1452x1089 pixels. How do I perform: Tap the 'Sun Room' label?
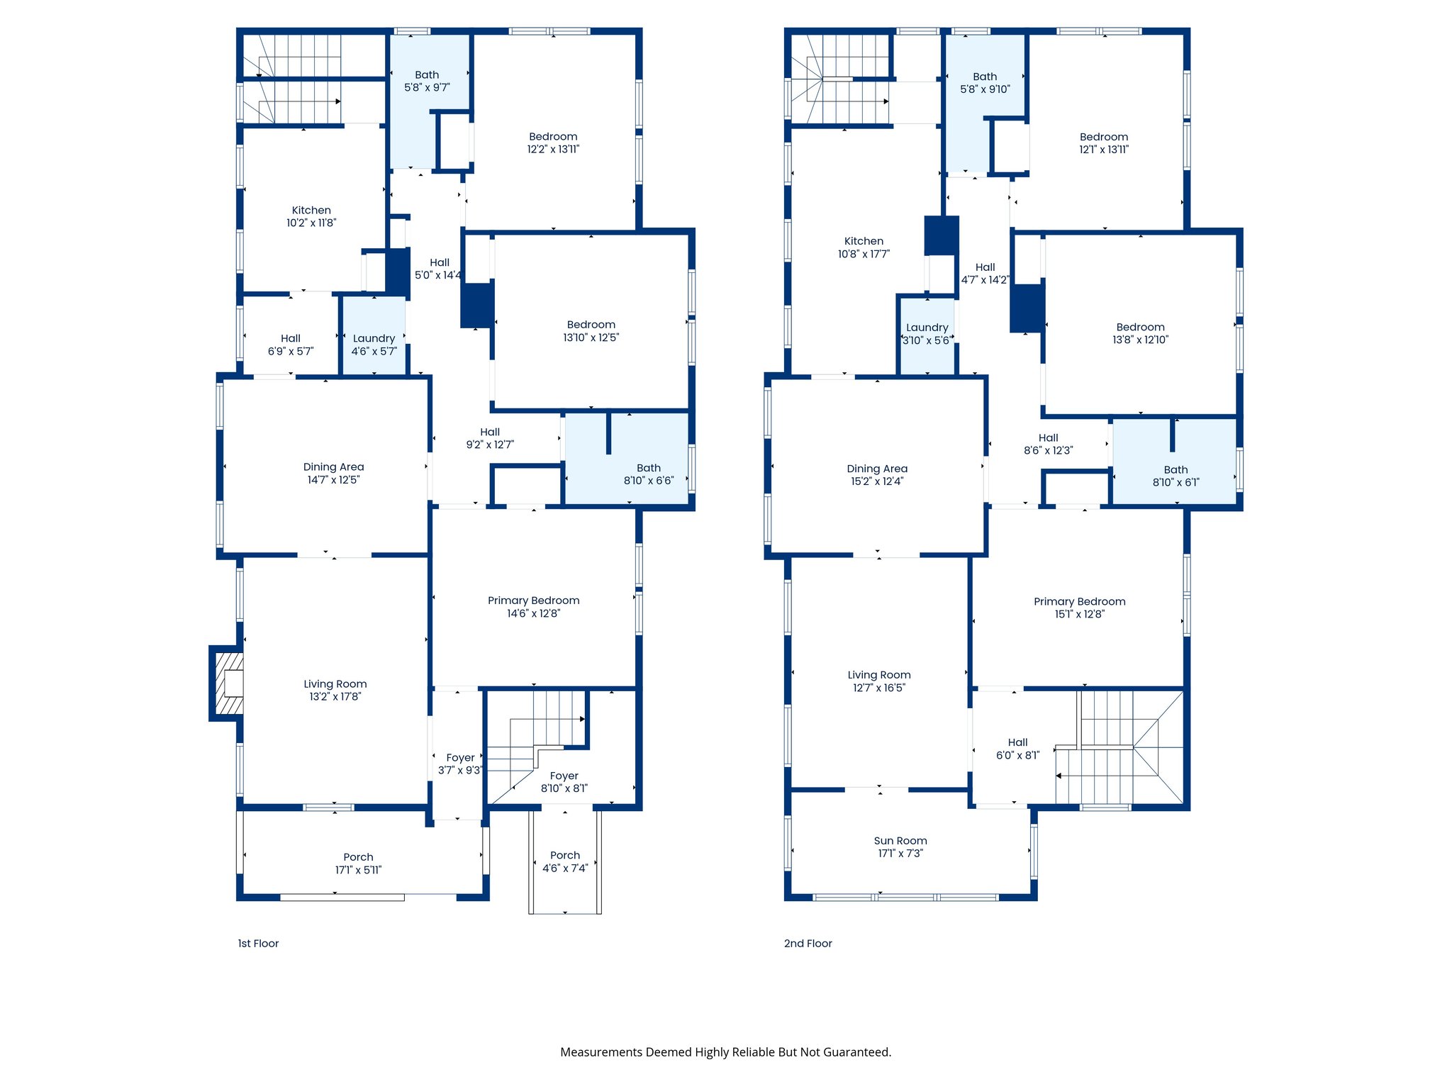(900, 841)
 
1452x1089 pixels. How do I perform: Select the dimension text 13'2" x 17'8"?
(335, 697)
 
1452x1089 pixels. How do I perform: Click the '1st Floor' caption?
(258, 944)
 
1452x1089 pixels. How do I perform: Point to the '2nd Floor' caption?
(808, 944)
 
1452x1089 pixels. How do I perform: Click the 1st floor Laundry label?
(374, 339)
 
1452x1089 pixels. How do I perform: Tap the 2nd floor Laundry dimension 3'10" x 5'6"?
(926, 340)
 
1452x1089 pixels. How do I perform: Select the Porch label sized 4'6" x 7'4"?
(565, 856)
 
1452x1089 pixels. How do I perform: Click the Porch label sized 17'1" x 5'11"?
(358, 857)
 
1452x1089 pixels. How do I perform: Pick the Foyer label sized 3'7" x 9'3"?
(460, 758)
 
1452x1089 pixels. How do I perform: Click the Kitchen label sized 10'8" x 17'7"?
(864, 241)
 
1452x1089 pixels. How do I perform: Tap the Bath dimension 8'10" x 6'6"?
(649, 481)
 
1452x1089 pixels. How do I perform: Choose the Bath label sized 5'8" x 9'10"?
(985, 77)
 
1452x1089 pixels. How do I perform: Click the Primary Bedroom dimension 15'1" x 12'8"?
(1079, 614)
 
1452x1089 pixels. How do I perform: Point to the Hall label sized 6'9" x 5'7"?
(291, 339)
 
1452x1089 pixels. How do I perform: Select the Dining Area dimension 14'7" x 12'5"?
(333, 480)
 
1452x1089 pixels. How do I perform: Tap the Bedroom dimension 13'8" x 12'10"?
(1140, 340)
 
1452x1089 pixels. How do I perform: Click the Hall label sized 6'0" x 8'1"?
(1017, 742)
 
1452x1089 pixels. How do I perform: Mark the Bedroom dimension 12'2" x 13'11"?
(553, 150)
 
